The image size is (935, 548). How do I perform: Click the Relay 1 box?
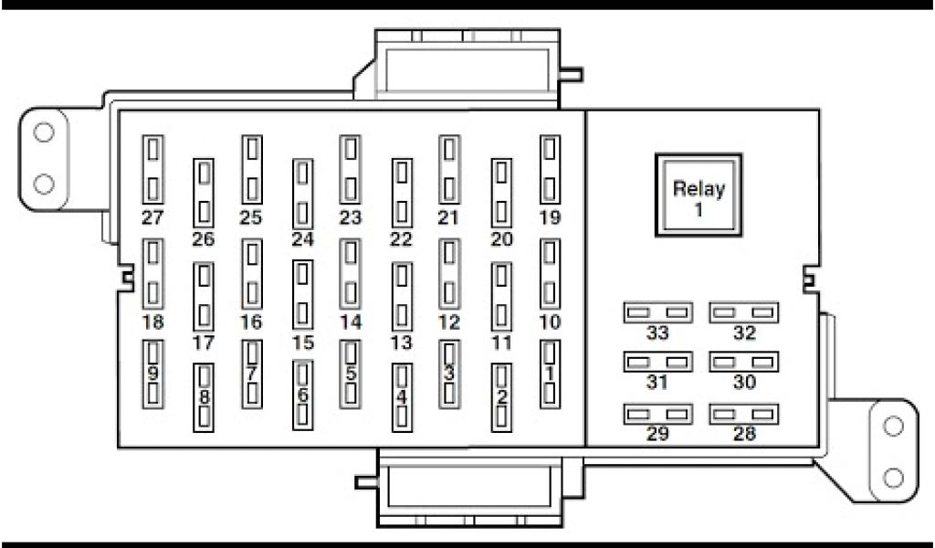click(x=699, y=195)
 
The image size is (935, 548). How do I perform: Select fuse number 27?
click(x=153, y=170)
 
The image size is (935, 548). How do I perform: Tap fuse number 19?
click(x=549, y=170)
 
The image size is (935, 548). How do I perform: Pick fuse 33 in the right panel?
click(x=657, y=313)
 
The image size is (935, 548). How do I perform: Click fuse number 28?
click(x=744, y=415)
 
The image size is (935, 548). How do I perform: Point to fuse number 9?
click(x=153, y=374)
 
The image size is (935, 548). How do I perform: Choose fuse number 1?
click(x=549, y=374)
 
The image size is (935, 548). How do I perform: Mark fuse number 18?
click(x=153, y=274)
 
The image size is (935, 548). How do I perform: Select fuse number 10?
click(x=549, y=274)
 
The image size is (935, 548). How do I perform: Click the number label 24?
click(x=302, y=240)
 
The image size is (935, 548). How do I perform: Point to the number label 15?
click(x=302, y=343)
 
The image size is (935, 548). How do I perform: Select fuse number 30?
click(x=744, y=364)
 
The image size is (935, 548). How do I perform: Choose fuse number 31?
click(x=657, y=364)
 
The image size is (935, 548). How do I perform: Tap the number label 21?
click(x=447, y=217)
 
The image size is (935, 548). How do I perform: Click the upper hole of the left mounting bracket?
click(x=43, y=132)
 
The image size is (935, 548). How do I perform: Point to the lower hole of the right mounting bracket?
click(x=894, y=477)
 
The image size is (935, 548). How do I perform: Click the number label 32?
click(x=744, y=333)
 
